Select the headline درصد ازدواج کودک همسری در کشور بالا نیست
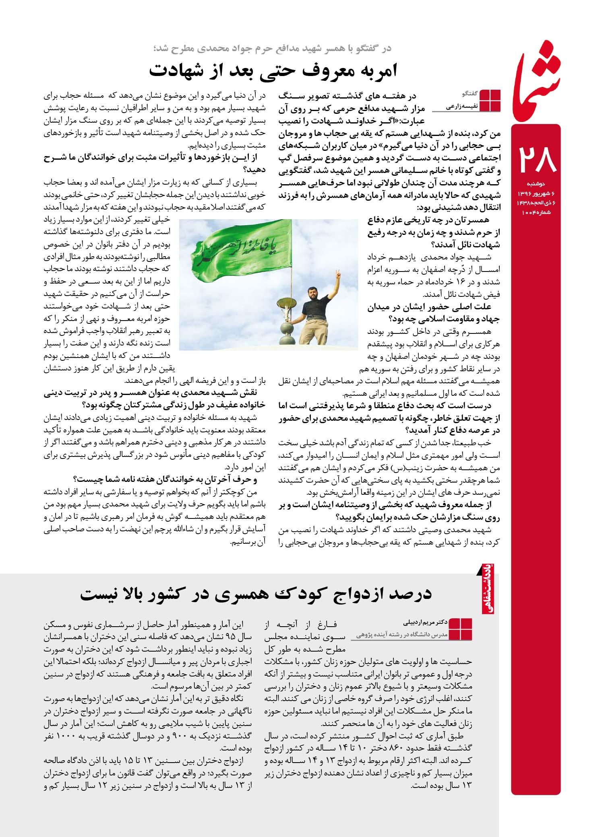click(x=256, y=594)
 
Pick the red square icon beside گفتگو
click(x=490, y=100)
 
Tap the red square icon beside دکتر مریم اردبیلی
click(x=460, y=629)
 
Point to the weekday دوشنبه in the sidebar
click(x=536, y=184)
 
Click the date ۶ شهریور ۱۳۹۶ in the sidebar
click(x=536, y=194)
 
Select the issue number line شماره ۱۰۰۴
click(x=536, y=212)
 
